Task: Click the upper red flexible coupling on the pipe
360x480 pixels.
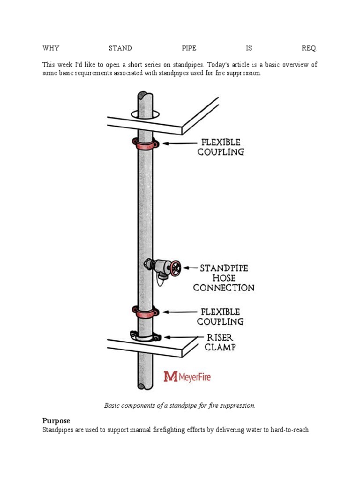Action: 145,144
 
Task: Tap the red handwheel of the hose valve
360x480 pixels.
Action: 175,268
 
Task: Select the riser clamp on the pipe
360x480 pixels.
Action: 145,336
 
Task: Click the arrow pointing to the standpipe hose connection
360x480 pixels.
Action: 189,268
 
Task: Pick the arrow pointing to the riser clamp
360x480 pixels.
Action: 180,337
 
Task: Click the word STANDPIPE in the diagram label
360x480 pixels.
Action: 224,269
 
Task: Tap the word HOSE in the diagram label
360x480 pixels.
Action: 224,278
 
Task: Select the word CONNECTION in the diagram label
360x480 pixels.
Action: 224,288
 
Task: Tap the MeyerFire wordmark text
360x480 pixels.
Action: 194,376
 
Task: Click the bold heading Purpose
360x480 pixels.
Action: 56,421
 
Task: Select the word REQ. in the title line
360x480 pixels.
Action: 309,48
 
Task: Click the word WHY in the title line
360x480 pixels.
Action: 51,48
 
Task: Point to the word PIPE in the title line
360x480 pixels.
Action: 189,48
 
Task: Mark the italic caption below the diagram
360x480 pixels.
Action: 180,405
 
